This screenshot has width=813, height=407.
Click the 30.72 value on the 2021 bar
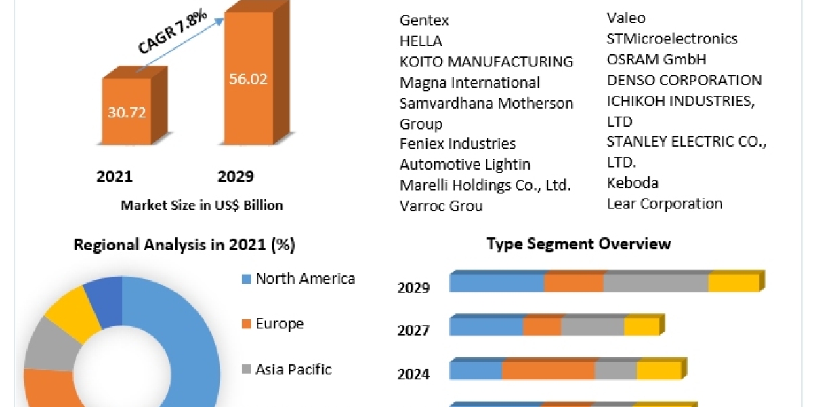coord(127,112)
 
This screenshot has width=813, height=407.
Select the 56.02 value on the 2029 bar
coord(249,79)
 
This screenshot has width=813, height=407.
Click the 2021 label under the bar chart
coord(114,177)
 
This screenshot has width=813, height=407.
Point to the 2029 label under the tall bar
coord(235,177)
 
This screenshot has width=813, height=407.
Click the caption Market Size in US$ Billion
coord(201,205)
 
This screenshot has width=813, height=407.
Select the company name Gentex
coord(424,20)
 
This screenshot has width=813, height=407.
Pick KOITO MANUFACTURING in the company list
coord(486,62)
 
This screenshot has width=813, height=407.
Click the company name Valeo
coord(626,18)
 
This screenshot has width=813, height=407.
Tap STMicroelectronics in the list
coord(672,39)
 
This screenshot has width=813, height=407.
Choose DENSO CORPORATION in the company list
coord(684,80)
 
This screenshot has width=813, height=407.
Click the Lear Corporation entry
coord(665,203)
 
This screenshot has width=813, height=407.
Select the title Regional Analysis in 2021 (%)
coord(184,245)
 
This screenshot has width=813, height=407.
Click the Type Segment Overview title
coord(579,244)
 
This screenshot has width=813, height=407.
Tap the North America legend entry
coord(305,279)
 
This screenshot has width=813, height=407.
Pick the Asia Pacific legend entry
coord(293,370)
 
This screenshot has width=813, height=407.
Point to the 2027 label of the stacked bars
coord(413,331)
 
